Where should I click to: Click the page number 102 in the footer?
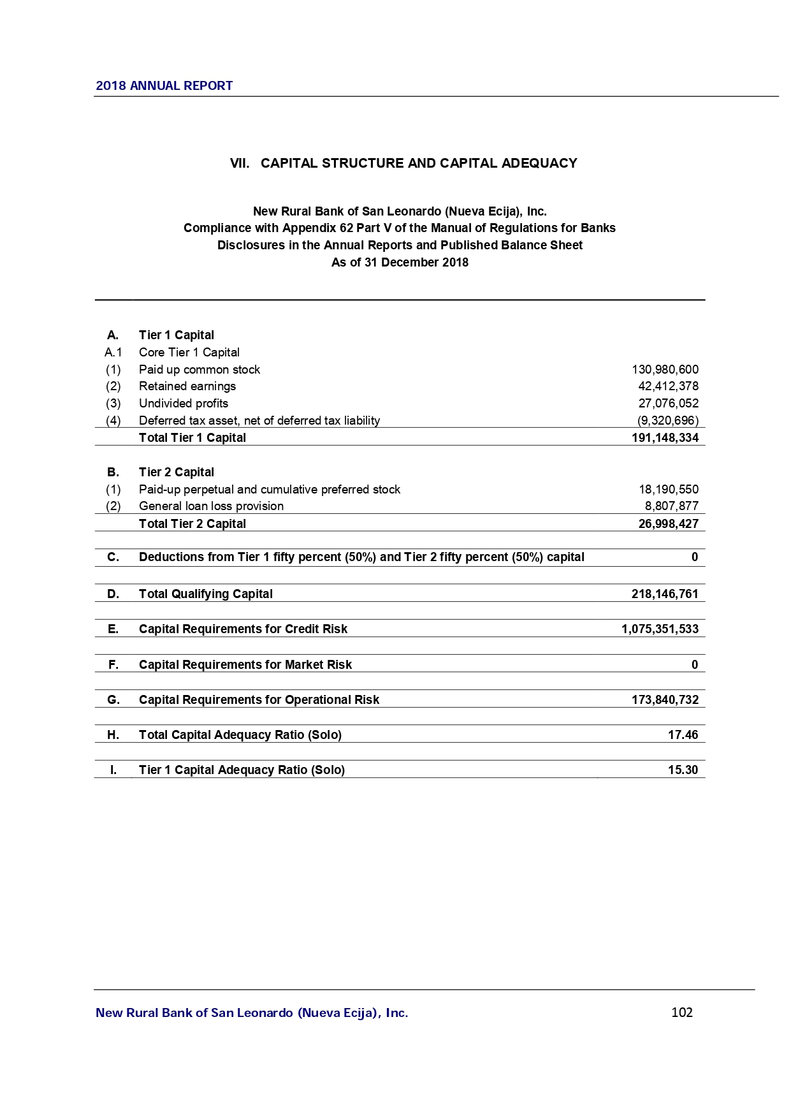pos(681,1013)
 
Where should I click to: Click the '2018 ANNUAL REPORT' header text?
pos(164,85)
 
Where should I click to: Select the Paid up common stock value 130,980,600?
pos(665,370)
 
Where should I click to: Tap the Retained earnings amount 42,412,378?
pos(668,386)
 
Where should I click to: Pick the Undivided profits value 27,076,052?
pos(668,404)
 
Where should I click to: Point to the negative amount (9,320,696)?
pos(667,421)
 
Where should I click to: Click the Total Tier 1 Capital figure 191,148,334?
pos(665,438)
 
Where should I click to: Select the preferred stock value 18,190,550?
pos(668,490)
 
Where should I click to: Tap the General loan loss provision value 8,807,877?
pos(671,506)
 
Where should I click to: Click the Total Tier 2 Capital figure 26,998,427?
pos(668,524)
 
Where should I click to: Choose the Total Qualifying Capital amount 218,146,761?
pos(665,594)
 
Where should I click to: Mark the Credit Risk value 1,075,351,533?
pos(660,629)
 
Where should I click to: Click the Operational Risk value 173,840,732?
pos(665,700)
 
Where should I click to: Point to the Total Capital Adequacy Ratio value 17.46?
pos(683,735)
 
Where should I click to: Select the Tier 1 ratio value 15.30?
pos(683,770)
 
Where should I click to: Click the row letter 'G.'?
pos(113,700)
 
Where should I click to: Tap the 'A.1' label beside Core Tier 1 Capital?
pos(113,353)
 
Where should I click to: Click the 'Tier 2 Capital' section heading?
pos(177,472)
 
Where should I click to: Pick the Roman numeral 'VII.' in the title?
pos(240,163)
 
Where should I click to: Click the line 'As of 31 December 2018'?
pos(400,263)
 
